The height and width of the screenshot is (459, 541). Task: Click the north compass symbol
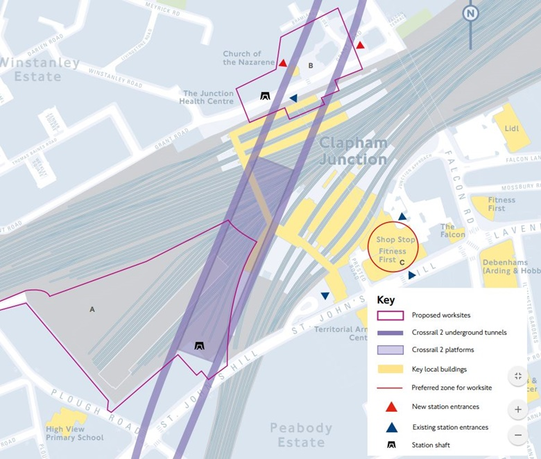tap(471, 13)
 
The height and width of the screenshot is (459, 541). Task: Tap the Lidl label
tap(512, 128)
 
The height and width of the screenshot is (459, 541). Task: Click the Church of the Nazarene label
tap(242, 58)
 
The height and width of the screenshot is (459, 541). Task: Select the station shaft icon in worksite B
tap(265, 96)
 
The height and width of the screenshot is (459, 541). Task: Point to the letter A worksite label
tap(92, 309)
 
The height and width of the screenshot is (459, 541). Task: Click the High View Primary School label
tap(74, 433)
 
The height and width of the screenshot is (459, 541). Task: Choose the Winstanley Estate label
tap(40, 69)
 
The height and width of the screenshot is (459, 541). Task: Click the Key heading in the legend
tap(386, 301)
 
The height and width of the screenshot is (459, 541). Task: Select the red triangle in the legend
tap(391, 407)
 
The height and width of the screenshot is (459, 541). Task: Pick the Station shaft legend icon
tap(391, 443)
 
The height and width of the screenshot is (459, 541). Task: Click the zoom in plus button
tap(518, 409)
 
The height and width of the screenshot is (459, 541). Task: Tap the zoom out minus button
tap(518, 435)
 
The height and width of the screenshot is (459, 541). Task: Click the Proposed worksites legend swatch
tap(391, 315)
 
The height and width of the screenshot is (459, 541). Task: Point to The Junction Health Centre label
tap(208, 97)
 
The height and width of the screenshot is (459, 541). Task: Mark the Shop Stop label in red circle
tap(396, 240)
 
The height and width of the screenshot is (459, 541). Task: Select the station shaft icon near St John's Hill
tap(200, 346)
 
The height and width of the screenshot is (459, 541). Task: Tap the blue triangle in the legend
tap(391, 426)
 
